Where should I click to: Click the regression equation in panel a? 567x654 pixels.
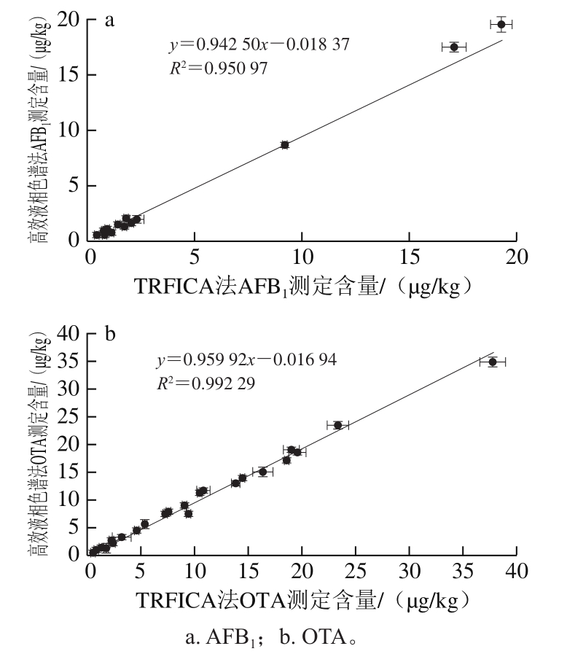259,45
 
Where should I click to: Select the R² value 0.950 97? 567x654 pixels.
218,69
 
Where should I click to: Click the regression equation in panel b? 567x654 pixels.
247,360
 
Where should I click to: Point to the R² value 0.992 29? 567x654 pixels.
206,383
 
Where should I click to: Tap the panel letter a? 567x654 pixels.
110,20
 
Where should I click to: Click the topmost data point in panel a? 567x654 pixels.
501,25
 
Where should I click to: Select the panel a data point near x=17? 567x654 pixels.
454,47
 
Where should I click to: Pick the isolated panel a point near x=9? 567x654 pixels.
285,145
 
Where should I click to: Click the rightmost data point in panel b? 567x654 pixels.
493,362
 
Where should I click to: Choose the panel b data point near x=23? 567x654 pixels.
338,425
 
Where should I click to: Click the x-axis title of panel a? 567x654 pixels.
307,285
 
